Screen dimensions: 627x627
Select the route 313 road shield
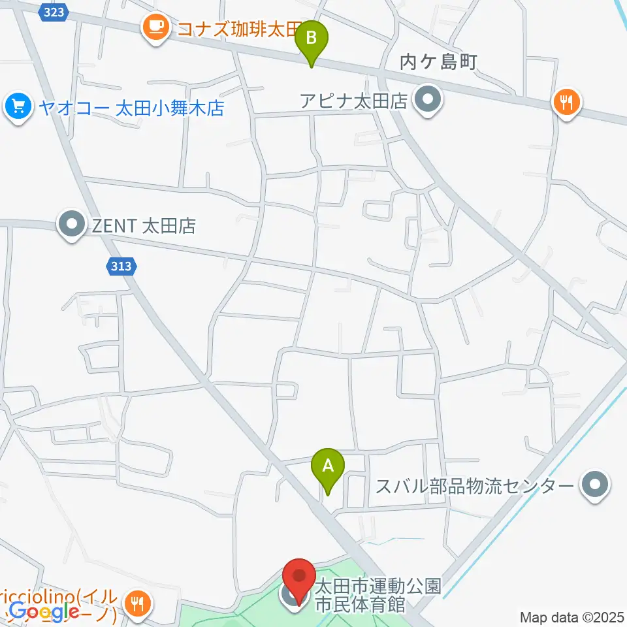point(121,266)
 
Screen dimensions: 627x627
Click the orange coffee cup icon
point(155,27)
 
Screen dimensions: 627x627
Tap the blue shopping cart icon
point(18,105)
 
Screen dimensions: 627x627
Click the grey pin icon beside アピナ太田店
point(428,101)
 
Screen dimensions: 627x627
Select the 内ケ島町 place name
point(439,63)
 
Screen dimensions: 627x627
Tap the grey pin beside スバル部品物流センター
point(594,486)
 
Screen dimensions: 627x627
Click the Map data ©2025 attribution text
point(571,617)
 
